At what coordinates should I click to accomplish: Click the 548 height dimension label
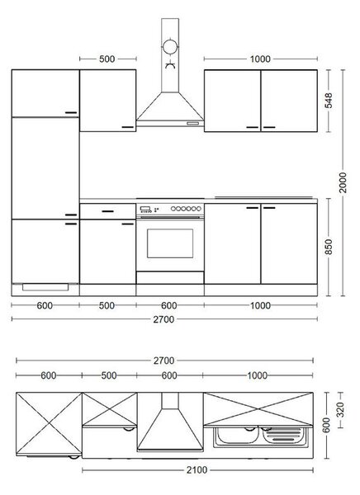(x=329, y=101)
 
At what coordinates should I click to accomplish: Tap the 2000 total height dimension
(x=343, y=183)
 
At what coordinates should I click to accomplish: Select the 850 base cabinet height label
(x=329, y=247)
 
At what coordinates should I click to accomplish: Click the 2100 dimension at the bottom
(x=197, y=470)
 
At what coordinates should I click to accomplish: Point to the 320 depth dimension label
(x=340, y=410)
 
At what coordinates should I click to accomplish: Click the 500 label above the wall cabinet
(x=107, y=59)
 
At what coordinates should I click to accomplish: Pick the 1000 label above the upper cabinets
(x=260, y=59)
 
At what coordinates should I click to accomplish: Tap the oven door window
(x=170, y=243)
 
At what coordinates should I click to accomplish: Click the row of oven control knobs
(x=186, y=209)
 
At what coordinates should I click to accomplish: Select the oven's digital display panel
(x=145, y=209)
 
